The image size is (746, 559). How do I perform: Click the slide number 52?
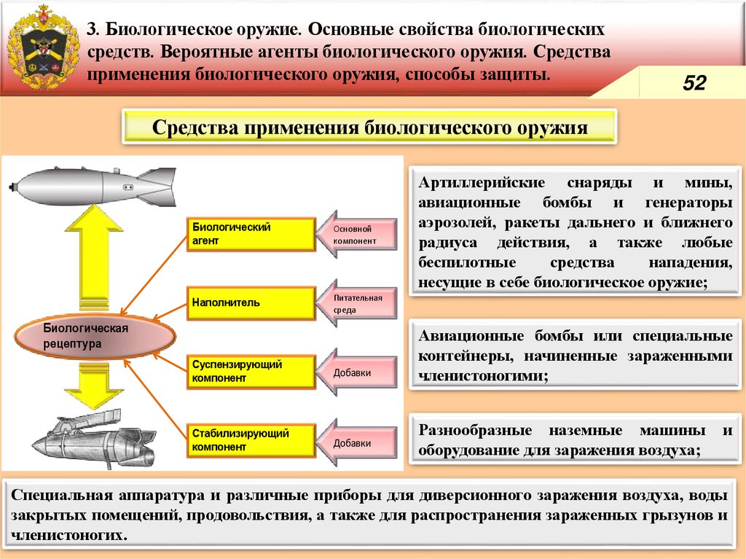tap(694, 83)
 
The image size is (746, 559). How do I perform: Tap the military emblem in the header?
tap(42, 47)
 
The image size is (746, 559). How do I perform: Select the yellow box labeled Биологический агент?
tap(251, 234)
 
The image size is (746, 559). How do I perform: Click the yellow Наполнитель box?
tap(251, 302)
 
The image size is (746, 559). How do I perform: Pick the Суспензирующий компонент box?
tap(251, 371)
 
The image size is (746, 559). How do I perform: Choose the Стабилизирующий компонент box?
tap(251, 439)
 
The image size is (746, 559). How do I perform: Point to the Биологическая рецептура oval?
tap(95, 336)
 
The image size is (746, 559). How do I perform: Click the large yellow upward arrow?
tap(94, 255)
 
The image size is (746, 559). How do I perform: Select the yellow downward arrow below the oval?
tap(90, 386)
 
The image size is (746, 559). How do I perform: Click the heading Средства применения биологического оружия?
tap(369, 128)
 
